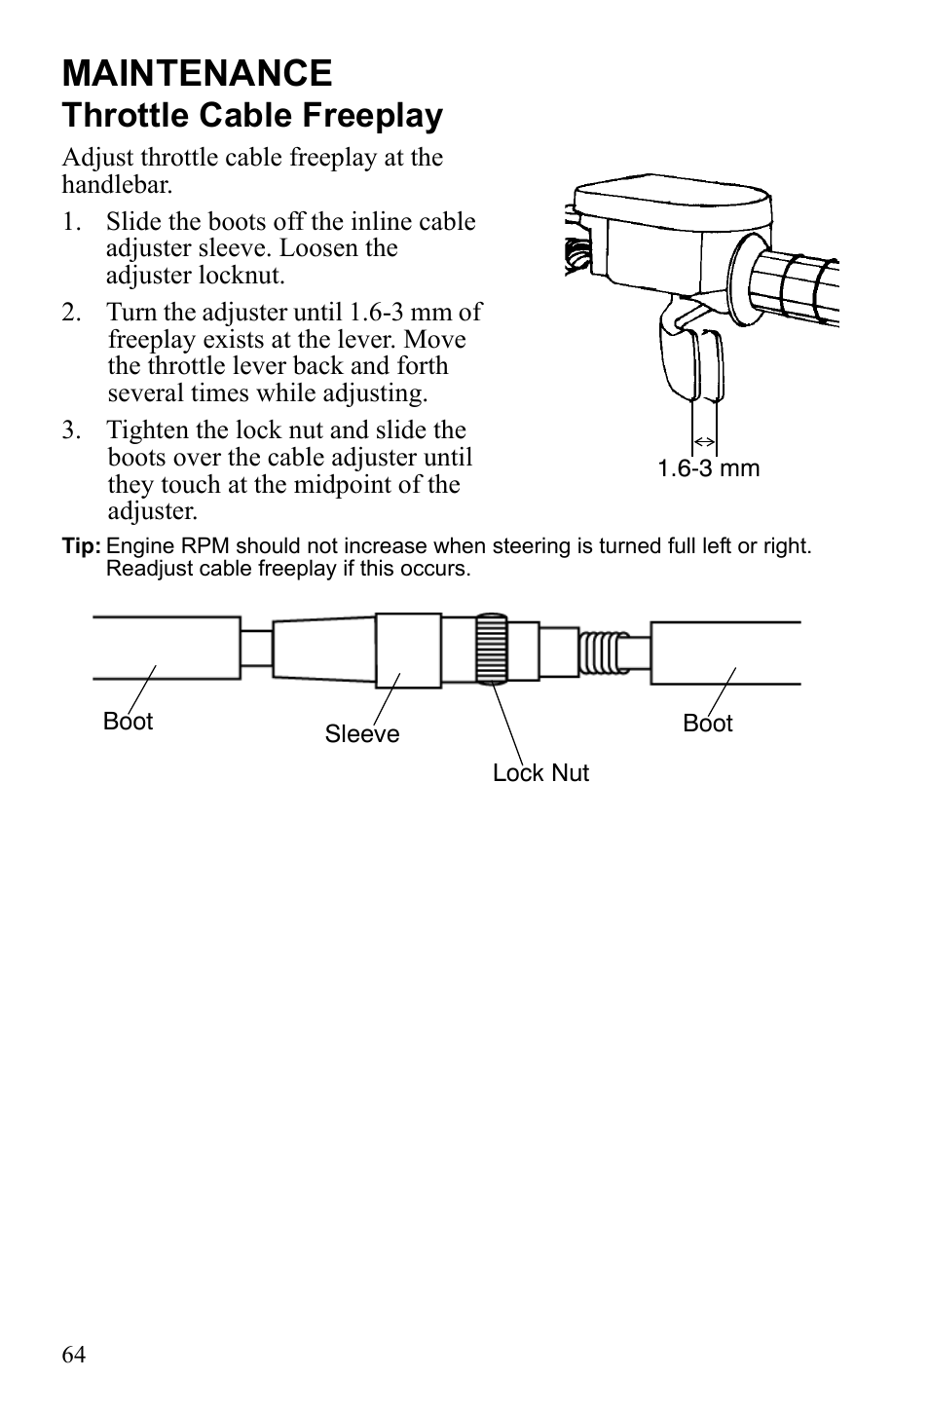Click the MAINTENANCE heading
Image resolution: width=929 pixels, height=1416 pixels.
197,74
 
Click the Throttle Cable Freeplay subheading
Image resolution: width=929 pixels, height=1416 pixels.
252,116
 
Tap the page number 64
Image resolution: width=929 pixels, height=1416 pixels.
74,1355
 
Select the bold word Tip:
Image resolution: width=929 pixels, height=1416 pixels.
81,546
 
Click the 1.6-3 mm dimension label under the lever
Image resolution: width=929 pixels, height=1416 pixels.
708,468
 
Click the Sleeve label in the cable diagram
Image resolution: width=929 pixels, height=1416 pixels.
362,734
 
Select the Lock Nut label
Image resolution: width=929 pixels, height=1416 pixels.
540,773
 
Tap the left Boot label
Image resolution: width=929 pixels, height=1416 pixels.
128,722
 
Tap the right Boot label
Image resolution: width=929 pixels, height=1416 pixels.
708,724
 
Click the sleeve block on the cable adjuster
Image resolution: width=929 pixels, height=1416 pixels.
408,650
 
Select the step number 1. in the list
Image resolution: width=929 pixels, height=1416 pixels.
71,222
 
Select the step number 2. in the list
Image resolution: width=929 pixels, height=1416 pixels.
71,313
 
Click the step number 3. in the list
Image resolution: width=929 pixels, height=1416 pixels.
71,430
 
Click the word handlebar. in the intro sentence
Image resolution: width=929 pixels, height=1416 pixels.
117,184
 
